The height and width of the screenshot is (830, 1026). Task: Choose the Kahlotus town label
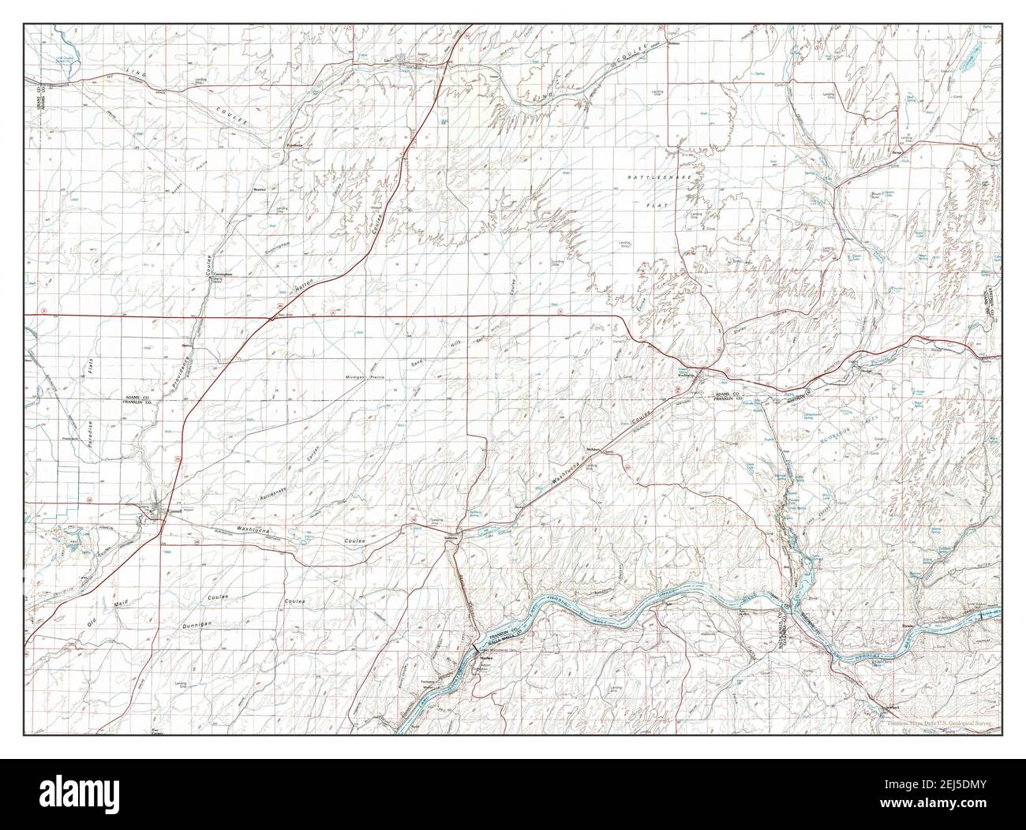point(451,538)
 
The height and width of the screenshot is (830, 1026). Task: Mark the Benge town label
point(897,155)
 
